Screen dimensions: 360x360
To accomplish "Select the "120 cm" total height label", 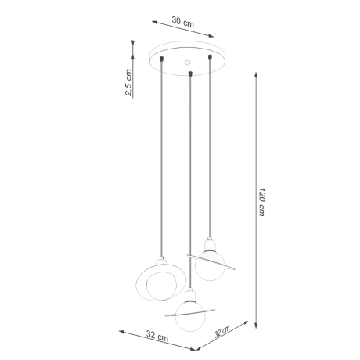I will [264, 201].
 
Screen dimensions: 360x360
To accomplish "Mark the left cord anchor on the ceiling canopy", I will [162, 57].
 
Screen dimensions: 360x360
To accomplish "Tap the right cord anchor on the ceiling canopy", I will [210, 56].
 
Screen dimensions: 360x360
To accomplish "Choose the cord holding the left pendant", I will [162, 157].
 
